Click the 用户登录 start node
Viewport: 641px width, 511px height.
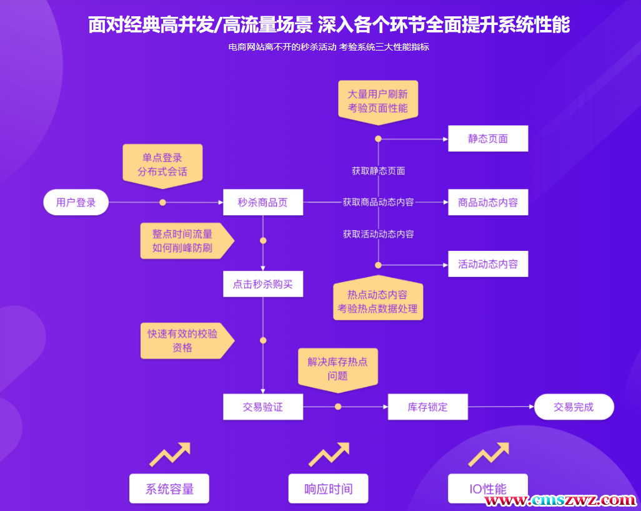coord(76,202)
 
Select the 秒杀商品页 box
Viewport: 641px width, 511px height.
coord(263,202)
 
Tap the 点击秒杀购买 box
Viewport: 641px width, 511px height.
coord(263,284)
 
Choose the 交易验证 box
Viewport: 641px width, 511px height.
coord(263,407)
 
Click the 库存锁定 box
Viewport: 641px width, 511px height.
coord(428,407)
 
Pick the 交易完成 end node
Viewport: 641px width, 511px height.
coord(574,407)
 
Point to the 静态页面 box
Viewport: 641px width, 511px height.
coord(488,139)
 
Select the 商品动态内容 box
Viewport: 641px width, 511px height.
coord(488,202)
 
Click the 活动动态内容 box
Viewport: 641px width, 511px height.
coord(488,264)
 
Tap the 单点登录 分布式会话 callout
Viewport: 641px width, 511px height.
coord(162,164)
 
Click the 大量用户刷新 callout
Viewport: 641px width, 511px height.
coord(378,101)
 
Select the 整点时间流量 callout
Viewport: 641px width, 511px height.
coord(183,241)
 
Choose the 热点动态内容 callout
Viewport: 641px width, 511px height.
coord(378,301)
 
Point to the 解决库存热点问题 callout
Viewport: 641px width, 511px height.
coord(337,368)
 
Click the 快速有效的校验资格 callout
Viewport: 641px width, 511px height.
coord(183,341)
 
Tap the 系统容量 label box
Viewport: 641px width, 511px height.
coord(169,489)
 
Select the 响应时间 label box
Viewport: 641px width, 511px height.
coord(328,489)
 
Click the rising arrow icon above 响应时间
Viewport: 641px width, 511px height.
coord(329,454)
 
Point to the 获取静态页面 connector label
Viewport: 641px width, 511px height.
coord(378,170)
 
